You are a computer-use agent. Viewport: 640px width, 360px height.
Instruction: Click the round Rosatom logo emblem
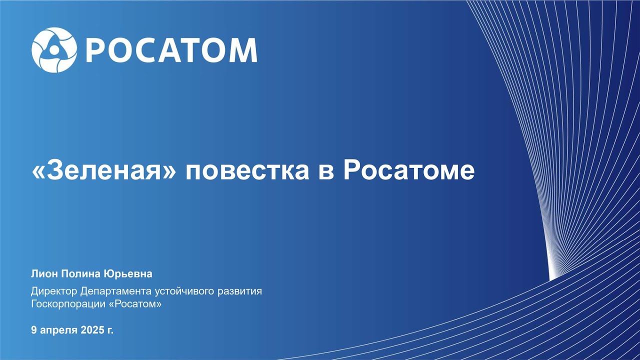54,50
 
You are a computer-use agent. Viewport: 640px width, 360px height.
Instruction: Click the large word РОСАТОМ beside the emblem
171,50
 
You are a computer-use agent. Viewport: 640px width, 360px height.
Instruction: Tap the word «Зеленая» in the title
103,170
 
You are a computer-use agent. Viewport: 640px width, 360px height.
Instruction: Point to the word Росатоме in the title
409,170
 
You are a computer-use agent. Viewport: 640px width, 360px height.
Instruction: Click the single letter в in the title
326,172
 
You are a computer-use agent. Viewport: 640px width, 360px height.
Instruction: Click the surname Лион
44,273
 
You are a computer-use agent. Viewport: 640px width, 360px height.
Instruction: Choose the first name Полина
81,273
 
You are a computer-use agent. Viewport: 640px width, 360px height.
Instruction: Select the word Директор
54,291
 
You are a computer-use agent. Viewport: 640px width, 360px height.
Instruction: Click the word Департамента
116,291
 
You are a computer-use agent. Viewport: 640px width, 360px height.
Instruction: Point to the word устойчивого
184,291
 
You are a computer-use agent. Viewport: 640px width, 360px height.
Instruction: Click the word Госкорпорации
68,304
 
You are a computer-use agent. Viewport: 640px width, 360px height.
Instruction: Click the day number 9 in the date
34,330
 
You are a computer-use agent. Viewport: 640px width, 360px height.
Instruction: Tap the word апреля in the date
59,330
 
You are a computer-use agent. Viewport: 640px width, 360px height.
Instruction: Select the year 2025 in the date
92,330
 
